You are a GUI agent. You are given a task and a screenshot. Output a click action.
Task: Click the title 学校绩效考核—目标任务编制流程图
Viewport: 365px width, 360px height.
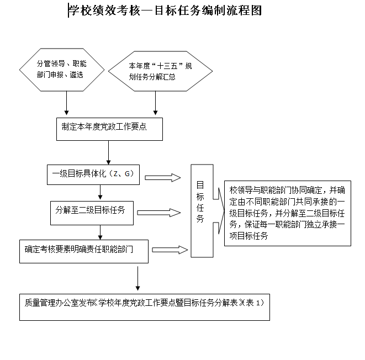pos(165,10)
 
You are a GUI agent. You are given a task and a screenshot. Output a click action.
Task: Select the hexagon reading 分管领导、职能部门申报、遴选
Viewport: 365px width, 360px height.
pos(61,68)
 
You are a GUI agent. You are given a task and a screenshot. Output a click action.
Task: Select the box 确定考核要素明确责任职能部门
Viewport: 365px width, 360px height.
pos(83,250)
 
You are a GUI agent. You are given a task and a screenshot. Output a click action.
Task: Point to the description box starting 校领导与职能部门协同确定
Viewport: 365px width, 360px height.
pos(288,213)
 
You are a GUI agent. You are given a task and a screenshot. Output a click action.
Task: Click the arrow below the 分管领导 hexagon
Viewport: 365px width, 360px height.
pos(67,103)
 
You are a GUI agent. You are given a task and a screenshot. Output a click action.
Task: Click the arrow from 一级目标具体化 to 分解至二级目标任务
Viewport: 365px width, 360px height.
pos(100,191)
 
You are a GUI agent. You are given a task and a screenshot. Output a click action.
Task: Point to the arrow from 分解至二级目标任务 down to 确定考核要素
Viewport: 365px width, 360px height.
pos(100,231)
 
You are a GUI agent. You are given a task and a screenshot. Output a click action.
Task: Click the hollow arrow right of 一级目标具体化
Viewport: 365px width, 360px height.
pos(163,177)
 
